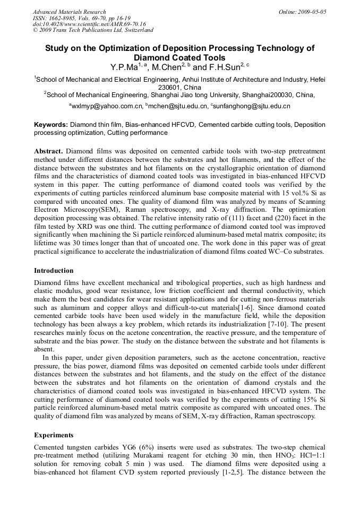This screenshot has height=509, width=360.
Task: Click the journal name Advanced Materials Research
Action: point(69,12)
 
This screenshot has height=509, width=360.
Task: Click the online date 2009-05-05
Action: point(311,12)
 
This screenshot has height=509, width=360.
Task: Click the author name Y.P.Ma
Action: point(124,68)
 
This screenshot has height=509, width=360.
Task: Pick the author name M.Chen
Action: point(166,68)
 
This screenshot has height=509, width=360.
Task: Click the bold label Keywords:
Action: point(51,125)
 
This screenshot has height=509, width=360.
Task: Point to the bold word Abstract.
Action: point(48,151)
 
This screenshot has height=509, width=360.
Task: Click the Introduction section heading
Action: point(54,271)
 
